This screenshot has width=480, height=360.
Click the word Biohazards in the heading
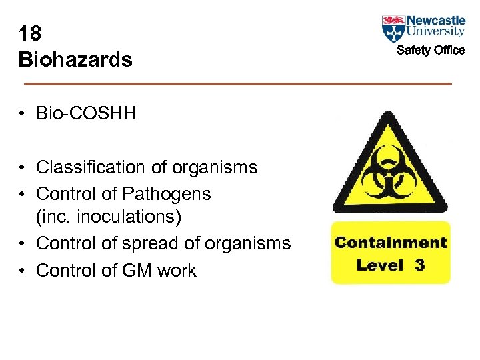[75, 60]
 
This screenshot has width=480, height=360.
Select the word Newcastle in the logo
[435, 20]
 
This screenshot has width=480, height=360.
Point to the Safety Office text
[431, 50]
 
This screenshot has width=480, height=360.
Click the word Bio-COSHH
[86, 113]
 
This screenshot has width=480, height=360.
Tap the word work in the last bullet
[178, 270]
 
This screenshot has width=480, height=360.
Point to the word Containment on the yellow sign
[391, 243]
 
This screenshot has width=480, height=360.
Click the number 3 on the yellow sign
[419, 265]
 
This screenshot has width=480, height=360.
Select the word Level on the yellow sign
[381, 265]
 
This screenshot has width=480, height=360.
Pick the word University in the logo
[435, 31]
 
